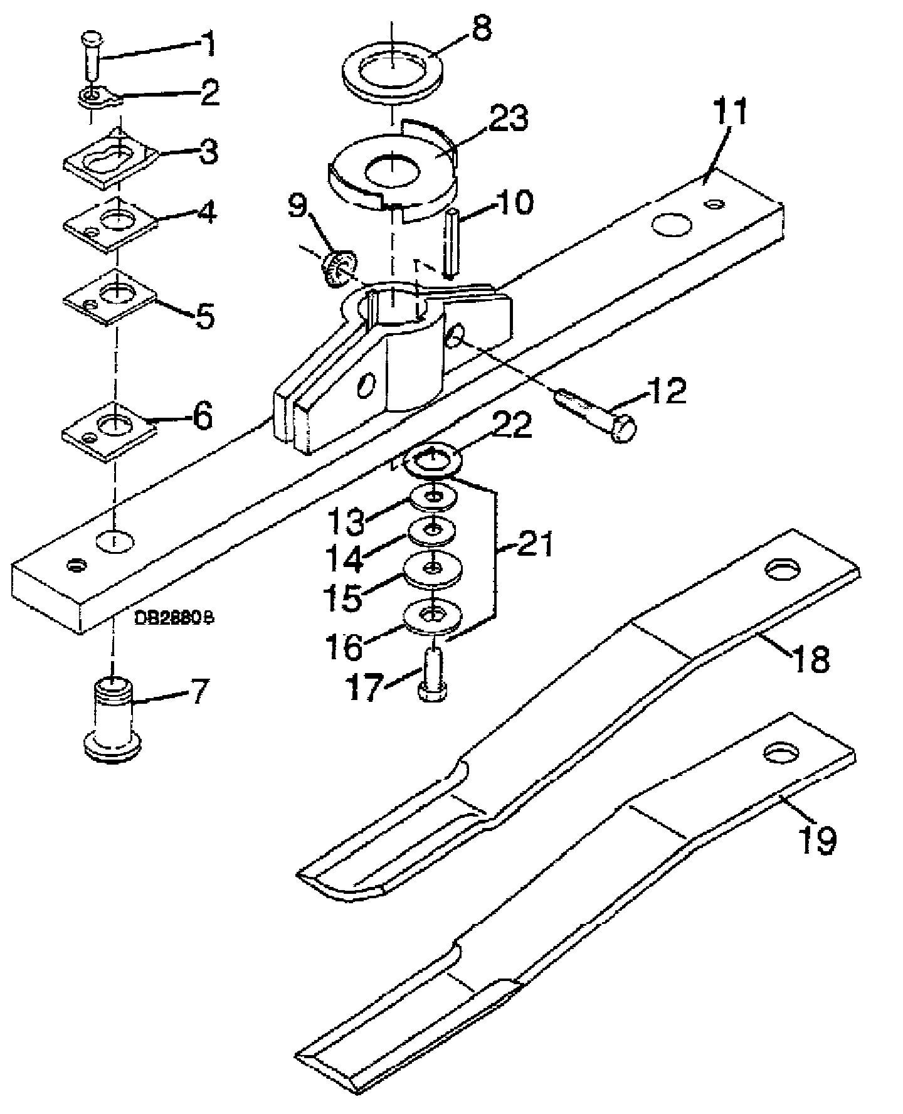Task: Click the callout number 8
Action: pyautogui.click(x=482, y=29)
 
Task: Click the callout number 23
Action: pyautogui.click(x=509, y=119)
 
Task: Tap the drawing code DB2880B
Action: pyautogui.click(x=173, y=617)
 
